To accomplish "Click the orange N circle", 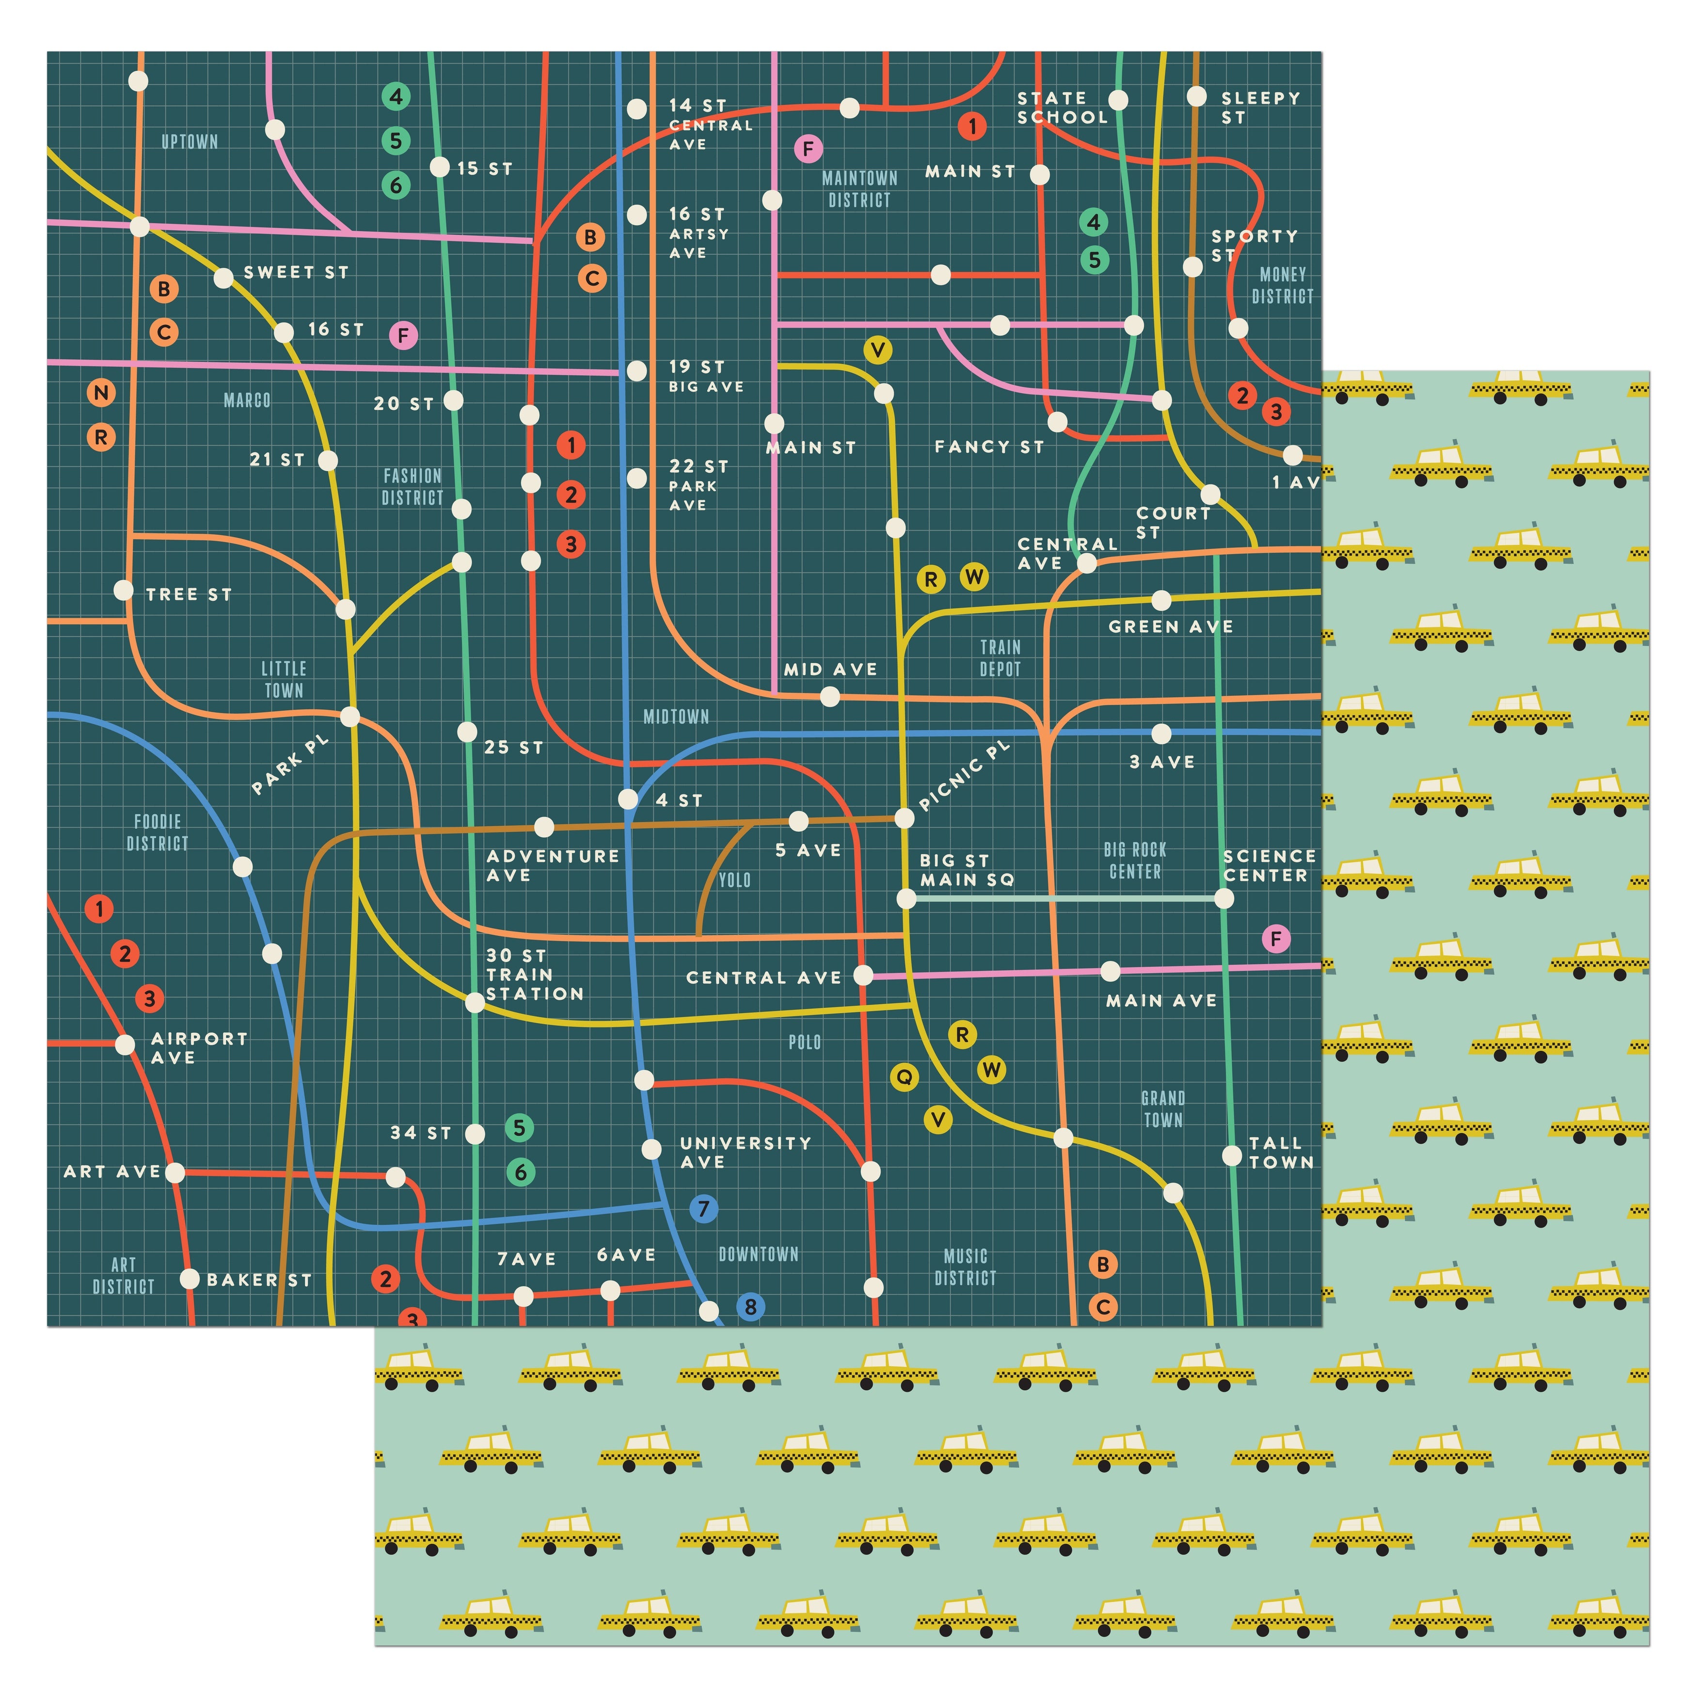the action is click(101, 393).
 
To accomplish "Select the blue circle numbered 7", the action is click(703, 1209).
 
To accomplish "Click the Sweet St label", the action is click(296, 272).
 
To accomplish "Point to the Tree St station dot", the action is click(124, 590).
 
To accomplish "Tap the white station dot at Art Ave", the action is click(175, 1172).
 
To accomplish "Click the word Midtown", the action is click(675, 717).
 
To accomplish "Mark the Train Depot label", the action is click(1000, 658).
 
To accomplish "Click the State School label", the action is click(1062, 107).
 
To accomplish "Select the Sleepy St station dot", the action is click(1196, 96).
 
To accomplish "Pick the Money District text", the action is click(1283, 286).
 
